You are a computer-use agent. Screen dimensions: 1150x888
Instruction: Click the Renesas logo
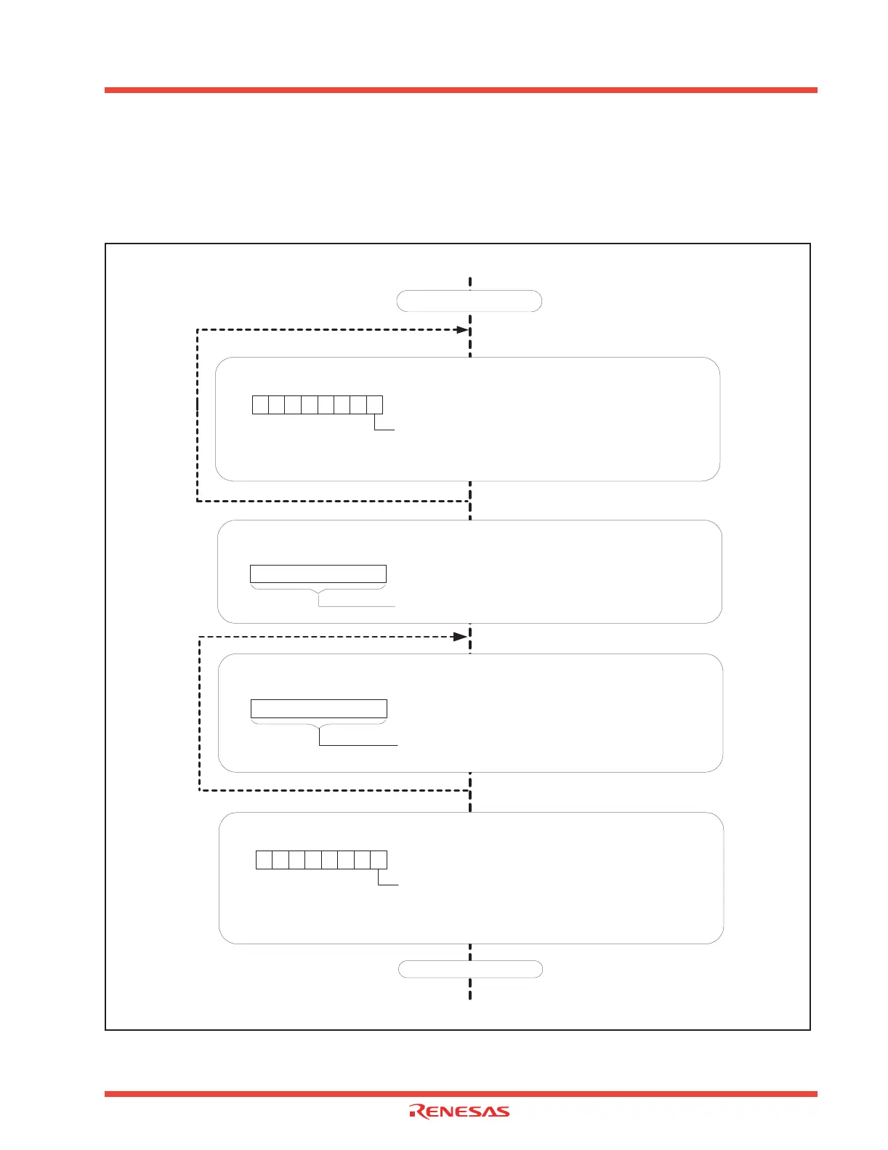click(459, 1111)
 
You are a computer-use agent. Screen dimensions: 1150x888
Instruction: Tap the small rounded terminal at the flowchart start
click(469, 301)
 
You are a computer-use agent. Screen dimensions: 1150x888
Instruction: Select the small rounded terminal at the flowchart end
click(471, 968)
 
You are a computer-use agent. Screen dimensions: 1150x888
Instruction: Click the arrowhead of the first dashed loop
click(461, 329)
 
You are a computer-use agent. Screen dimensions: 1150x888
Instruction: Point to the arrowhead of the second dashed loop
click(460, 637)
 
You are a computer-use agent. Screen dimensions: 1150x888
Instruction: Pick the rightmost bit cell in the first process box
click(374, 405)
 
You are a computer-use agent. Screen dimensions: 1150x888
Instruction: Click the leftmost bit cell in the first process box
click(260, 405)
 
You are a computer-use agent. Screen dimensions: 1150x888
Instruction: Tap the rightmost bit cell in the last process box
click(379, 860)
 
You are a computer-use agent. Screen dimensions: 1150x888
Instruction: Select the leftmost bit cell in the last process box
click(265, 860)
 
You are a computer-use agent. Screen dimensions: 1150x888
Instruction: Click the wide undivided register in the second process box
click(318, 574)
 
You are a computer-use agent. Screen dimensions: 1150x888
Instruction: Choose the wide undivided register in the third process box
click(319, 709)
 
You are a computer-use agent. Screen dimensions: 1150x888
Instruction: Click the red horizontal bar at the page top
click(461, 90)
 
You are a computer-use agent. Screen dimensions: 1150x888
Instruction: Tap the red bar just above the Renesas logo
click(461, 1093)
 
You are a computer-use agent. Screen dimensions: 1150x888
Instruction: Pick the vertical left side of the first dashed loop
click(198, 414)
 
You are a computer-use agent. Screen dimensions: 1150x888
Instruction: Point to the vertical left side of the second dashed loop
click(200, 712)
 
